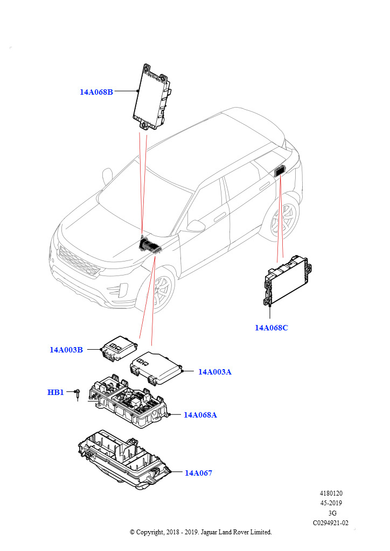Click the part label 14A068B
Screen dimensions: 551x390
pyautogui.click(x=96, y=92)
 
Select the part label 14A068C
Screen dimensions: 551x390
pyautogui.click(x=271, y=327)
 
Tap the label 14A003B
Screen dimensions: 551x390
pyautogui.click(x=66, y=350)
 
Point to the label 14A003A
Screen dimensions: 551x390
pyautogui.click(x=214, y=372)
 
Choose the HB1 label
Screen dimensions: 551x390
pyautogui.click(x=55, y=392)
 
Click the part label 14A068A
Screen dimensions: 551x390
pyautogui.click(x=200, y=415)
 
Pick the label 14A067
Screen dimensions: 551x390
pyautogui.click(x=198, y=473)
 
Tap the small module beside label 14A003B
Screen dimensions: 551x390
pyautogui.click(x=120, y=348)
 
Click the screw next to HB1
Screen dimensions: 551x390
pyautogui.click(x=78, y=394)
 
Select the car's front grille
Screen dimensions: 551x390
pyautogui.click(x=79, y=260)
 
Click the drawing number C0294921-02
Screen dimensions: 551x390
pyautogui.click(x=331, y=522)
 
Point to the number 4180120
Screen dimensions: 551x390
pyautogui.click(x=331, y=493)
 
